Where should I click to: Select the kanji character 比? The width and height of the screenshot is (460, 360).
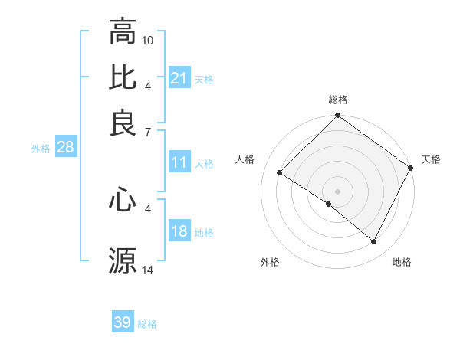[x=123, y=77]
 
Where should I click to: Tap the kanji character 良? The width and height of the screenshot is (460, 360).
[x=123, y=123]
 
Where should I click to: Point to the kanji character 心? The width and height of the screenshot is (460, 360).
[x=123, y=201]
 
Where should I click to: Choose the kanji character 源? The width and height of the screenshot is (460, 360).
[x=123, y=261]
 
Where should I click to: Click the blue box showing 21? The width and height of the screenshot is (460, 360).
[x=179, y=78]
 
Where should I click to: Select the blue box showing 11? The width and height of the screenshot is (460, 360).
[x=179, y=162]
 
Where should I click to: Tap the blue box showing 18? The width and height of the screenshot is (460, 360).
[x=179, y=232]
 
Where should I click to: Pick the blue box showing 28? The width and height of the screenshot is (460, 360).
[x=65, y=148]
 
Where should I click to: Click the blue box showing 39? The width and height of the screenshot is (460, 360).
[x=123, y=322]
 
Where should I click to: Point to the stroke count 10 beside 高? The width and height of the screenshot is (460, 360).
[x=148, y=39]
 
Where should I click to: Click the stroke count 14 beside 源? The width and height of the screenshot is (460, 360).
[x=148, y=270]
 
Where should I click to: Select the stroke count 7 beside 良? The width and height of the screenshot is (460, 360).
[x=148, y=132]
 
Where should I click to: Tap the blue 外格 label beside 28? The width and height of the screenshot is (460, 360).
[x=40, y=149]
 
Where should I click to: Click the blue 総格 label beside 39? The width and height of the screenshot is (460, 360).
[x=147, y=324]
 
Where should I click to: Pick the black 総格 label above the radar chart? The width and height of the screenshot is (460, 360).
[x=338, y=100]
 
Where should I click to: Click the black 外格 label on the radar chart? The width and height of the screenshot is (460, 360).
[x=270, y=262]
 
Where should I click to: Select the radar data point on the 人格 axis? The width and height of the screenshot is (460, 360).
[x=280, y=172]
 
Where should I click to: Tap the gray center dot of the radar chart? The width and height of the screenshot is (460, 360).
[x=337, y=191]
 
